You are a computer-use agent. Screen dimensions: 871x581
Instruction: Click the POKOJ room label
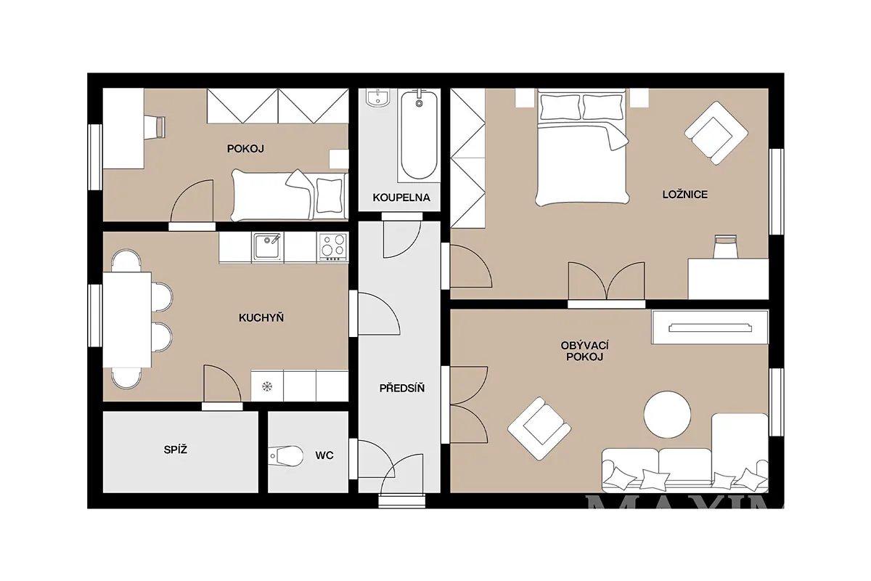point(245,149)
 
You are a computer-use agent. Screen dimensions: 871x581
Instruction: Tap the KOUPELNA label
point(401,198)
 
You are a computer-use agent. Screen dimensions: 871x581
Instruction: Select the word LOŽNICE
point(684,194)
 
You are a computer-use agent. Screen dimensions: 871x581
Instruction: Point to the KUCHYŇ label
point(261,317)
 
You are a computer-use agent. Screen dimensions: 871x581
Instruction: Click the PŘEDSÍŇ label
point(401,388)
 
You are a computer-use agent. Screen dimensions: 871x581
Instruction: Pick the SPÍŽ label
point(176,450)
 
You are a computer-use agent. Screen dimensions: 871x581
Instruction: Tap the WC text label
point(324,455)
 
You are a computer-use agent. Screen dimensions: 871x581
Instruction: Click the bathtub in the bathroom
point(419,135)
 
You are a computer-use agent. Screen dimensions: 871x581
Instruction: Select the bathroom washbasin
point(377,97)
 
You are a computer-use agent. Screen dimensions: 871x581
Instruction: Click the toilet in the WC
point(286,455)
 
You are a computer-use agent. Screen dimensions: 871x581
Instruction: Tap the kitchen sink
point(267,247)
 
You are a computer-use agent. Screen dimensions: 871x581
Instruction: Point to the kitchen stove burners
point(332,247)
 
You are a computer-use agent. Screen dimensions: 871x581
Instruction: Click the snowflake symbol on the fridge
point(267,386)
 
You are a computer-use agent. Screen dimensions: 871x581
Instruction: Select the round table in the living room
point(667,415)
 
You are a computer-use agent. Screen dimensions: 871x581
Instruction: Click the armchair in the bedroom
point(716,133)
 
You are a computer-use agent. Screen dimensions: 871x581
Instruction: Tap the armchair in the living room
point(539,428)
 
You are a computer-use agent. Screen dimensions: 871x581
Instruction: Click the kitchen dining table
point(127,320)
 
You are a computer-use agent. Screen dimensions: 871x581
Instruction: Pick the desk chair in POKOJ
point(155,126)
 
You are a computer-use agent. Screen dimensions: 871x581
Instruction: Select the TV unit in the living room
point(710,328)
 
